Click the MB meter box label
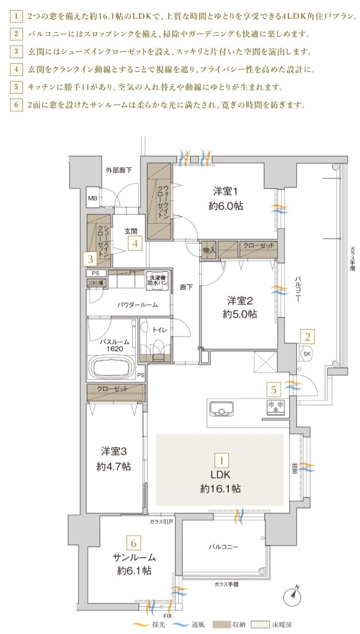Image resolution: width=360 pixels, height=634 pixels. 92,199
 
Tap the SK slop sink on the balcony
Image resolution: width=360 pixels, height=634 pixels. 306,354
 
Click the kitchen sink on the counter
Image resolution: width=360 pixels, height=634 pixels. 221,408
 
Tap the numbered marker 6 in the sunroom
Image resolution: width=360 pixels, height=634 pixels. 134,543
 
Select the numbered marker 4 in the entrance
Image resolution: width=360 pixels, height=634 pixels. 135,243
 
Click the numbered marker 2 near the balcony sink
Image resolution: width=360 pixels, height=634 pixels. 307,336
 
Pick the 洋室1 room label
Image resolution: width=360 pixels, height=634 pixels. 226,191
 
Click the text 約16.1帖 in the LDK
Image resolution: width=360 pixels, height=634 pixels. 220,489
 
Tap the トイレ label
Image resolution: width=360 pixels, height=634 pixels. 160,330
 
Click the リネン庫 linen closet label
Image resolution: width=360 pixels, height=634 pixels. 96,283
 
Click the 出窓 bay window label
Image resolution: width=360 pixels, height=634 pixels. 295,468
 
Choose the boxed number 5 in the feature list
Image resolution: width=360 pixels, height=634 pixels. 16,87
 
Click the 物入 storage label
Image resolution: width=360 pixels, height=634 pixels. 209,250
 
